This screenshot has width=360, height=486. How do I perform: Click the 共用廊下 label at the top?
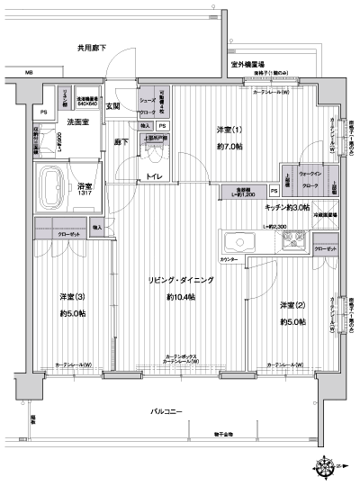click(x=90, y=48)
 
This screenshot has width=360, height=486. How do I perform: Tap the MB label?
click(x=29, y=73)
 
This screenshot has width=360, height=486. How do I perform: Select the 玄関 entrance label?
click(x=114, y=107)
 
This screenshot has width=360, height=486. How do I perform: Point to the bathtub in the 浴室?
click(x=56, y=184)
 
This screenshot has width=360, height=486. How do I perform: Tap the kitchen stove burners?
click(x=294, y=240)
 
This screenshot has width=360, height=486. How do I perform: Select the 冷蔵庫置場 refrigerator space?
click(x=325, y=217)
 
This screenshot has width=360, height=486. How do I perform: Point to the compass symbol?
click(x=324, y=465)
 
